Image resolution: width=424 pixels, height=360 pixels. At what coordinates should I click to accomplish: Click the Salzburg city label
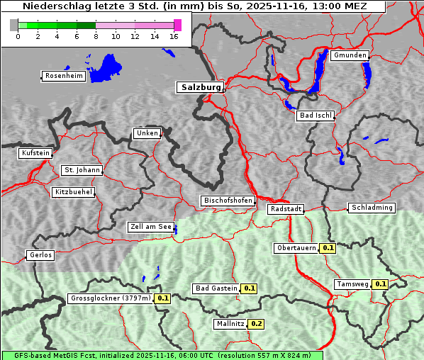[199, 87]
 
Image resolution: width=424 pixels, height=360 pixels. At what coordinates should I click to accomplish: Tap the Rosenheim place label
[64, 76]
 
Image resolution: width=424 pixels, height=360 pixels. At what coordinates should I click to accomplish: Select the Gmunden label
[350, 55]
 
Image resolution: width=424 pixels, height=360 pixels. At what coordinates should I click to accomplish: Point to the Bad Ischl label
[315, 116]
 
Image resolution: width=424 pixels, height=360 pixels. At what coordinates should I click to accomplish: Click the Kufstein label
[35, 153]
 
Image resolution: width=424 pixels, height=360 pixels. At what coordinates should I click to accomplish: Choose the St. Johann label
[82, 170]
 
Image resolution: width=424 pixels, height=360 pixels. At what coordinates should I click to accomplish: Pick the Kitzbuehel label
[73, 192]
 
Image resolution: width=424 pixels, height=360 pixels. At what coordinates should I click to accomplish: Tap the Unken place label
[147, 133]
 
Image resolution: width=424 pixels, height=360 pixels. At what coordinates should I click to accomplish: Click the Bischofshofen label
[228, 201]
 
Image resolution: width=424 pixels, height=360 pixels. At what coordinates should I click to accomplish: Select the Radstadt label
[286, 209]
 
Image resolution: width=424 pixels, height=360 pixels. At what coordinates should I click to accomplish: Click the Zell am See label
[151, 227]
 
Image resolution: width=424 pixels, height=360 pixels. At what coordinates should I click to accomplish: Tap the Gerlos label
[40, 255]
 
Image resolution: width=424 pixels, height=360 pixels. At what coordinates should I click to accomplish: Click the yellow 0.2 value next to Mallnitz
[256, 324]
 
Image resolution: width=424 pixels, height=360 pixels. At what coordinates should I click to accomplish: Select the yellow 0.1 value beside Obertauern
[328, 248]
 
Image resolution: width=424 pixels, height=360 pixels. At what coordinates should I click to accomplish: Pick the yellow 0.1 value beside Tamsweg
[380, 284]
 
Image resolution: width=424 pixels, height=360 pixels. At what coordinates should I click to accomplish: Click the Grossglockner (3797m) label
[111, 298]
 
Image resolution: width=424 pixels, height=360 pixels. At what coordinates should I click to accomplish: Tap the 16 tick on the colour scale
[174, 37]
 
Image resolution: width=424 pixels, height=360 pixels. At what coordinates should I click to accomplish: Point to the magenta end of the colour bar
[177, 25]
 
